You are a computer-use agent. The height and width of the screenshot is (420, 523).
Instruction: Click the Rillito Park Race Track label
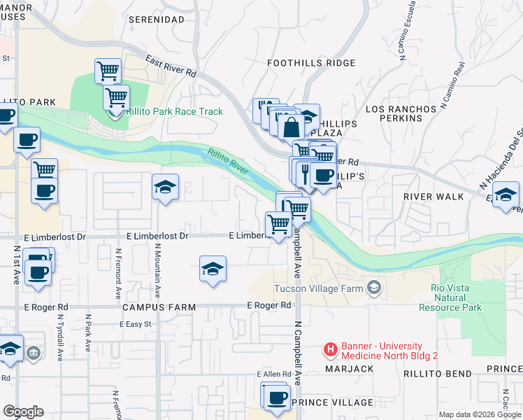pos(175,111)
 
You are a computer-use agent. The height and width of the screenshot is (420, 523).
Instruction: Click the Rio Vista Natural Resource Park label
pos(450,297)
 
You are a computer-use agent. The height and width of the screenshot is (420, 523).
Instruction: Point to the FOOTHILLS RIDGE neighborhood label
pos(312,63)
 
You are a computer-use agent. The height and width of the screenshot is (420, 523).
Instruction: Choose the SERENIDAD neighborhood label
pos(157,20)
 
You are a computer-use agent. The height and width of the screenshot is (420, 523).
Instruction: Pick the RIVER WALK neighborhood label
pos(434,197)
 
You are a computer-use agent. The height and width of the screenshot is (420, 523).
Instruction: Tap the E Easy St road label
pos(136,324)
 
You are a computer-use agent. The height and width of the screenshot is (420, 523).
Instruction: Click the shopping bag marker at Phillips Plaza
pos(291,127)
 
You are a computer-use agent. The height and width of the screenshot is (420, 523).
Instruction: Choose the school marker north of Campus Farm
pos(213,269)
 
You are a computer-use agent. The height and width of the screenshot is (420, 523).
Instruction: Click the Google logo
pos(23,412)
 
